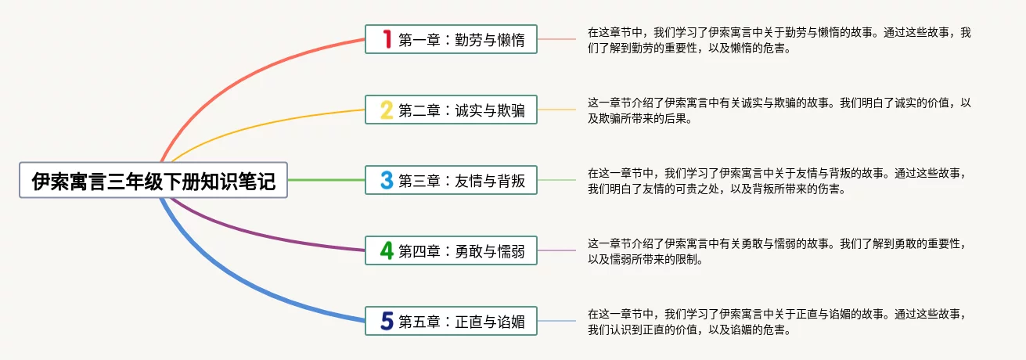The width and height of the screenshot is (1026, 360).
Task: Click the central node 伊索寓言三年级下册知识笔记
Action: pos(153,181)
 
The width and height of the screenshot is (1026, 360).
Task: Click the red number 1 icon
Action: pos(386,39)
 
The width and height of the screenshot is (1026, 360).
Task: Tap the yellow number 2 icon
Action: pos(386,110)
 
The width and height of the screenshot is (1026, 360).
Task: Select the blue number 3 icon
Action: pos(386,181)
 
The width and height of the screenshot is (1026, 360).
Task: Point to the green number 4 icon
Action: pos(386,250)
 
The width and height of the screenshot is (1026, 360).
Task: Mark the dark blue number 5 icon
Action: pos(386,321)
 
